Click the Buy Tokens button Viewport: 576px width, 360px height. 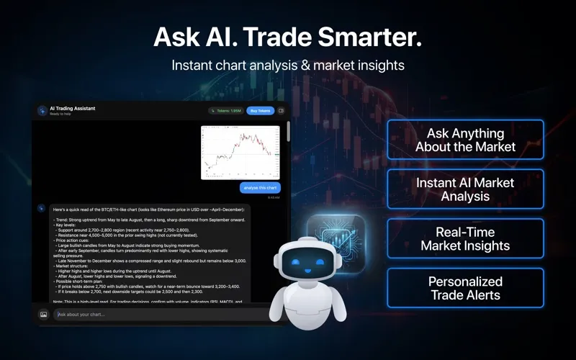[x=260, y=111]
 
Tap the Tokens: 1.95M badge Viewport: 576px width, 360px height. [x=225, y=111]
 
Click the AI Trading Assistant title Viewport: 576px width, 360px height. [x=72, y=108]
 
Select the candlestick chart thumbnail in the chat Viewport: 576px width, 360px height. [x=240, y=152]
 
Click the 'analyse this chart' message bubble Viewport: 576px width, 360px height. [x=260, y=188]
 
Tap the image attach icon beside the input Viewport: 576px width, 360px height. [x=43, y=315]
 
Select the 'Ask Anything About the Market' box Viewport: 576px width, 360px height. [x=465, y=140]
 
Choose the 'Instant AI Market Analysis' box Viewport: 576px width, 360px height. [x=465, y=189]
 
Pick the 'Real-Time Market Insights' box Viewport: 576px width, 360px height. [x=465, y=238]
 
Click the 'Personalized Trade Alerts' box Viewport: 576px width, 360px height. [x=465, y=288]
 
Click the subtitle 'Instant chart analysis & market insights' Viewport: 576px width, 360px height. [x=288, y=65]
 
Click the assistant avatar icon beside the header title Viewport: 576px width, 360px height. [x=42, y=111]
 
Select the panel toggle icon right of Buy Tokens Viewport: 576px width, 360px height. [x=282, y=111]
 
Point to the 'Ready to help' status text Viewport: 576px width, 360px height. [x=60, y=114]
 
